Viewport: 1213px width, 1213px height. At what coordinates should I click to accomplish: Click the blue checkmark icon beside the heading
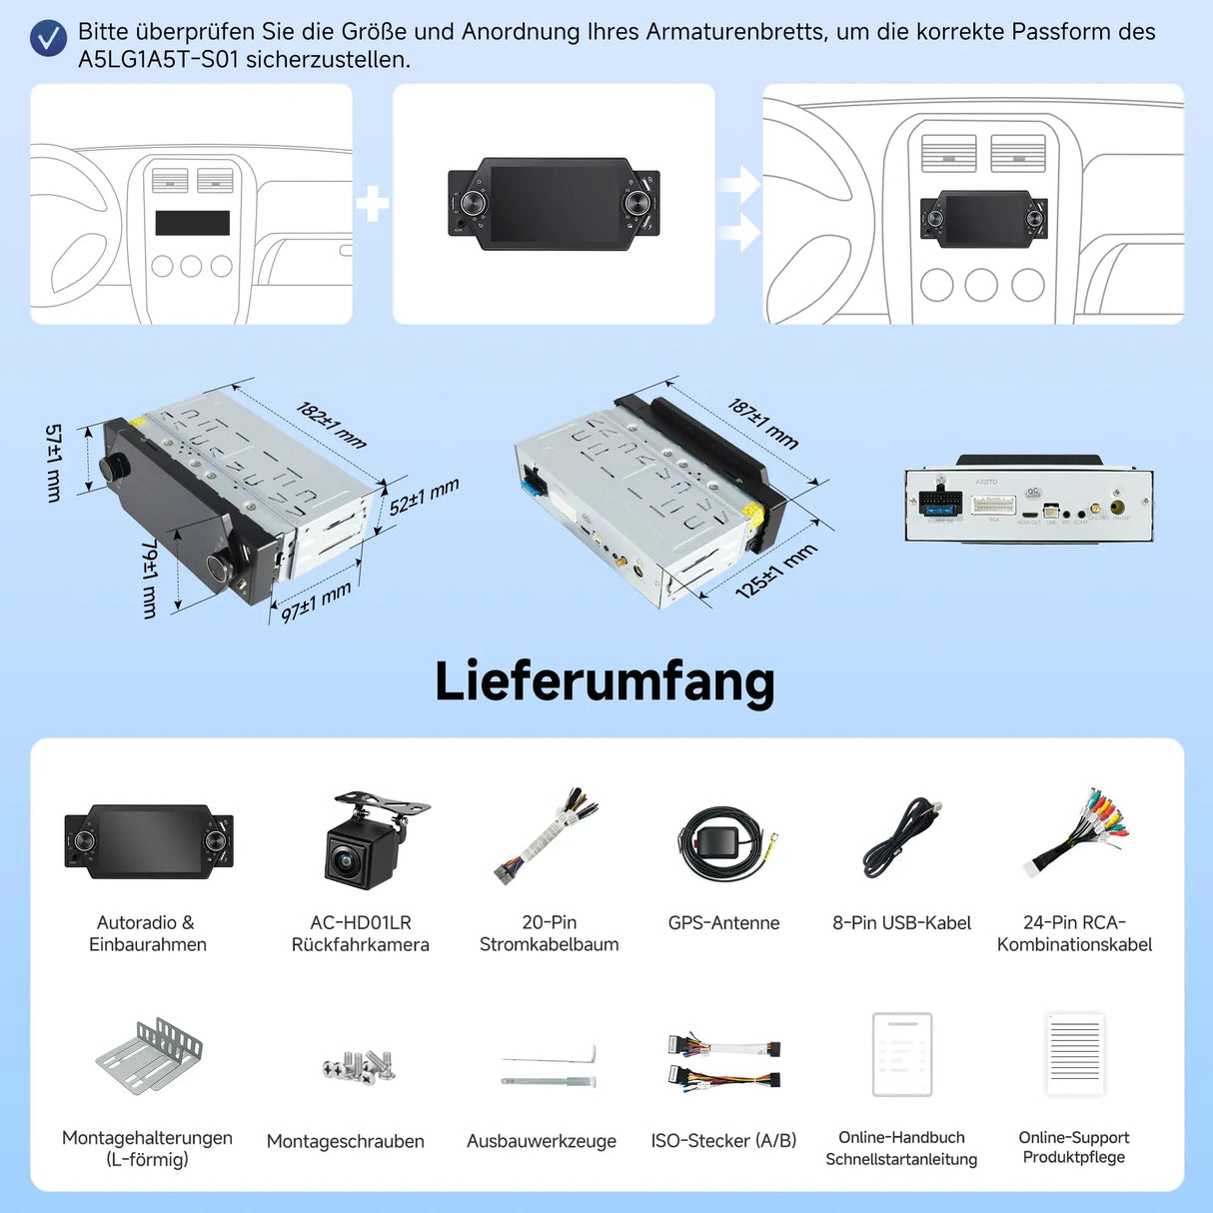coord(48,39)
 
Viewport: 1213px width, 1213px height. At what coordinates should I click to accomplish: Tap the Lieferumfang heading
coord(605,681)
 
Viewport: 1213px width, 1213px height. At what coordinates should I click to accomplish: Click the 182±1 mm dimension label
coord(332,425)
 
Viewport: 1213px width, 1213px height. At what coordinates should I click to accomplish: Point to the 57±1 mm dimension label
coord(54,462)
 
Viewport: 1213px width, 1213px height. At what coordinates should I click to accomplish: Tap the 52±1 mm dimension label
coord(424,497)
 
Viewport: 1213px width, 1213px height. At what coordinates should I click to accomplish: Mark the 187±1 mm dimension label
coord(763,424)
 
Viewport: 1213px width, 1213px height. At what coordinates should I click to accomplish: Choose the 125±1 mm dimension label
coord(776,571)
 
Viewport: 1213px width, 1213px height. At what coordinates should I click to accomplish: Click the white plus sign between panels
coord(373,204)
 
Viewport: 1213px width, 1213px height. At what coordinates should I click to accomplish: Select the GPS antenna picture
coord(722,843)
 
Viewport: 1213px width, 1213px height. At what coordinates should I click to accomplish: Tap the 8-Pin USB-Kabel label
coord(901,923)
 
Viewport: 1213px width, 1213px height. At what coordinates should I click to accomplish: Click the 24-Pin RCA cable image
coord(1077,833)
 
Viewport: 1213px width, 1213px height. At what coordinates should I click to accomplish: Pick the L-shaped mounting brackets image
coord(150,1057)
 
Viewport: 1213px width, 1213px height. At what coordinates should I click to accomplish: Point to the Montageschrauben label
coord(346,1141)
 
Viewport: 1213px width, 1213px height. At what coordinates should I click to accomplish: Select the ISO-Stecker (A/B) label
coord(723,1141)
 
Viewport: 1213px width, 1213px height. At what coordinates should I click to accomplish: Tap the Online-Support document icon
coord(1075,1054)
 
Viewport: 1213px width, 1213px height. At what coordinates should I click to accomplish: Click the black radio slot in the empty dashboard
coord(192,222)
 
